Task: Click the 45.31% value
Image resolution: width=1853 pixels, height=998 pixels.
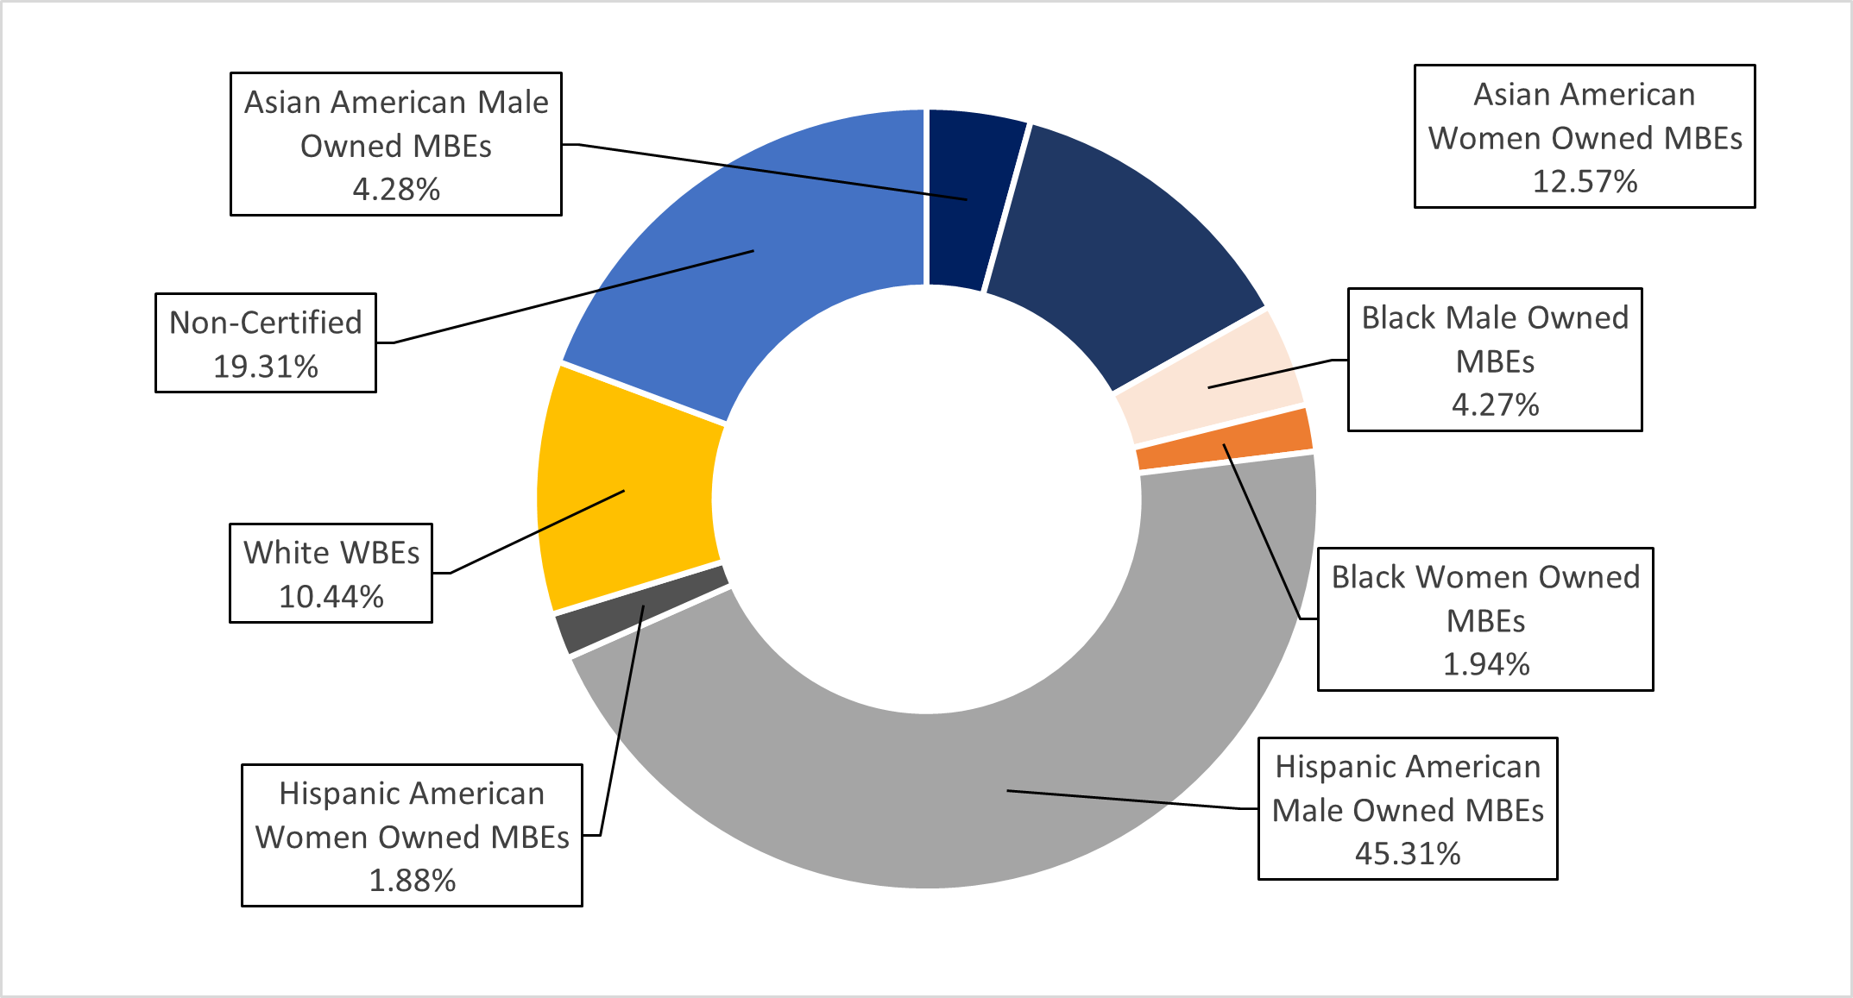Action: [x=1408, y=854]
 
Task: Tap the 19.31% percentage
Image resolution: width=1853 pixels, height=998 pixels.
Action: [x=266, y=367]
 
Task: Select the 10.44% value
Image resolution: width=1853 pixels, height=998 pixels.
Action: [x=331, y=597]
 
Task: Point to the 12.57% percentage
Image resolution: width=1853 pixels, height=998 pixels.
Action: [x=1585, y=182]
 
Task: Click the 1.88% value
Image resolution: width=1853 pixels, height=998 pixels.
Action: [x=412, y=881]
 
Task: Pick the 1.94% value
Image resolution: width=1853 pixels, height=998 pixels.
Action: [x=1485, y=664]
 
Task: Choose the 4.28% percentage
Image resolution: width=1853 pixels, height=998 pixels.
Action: [x=396, y=190]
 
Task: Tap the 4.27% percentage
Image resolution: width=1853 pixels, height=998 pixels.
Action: [x=1495, y=405]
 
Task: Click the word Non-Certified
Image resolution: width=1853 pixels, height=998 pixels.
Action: [x=266, y=323]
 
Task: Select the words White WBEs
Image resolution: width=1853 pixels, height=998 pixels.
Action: [x=331, y=553]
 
